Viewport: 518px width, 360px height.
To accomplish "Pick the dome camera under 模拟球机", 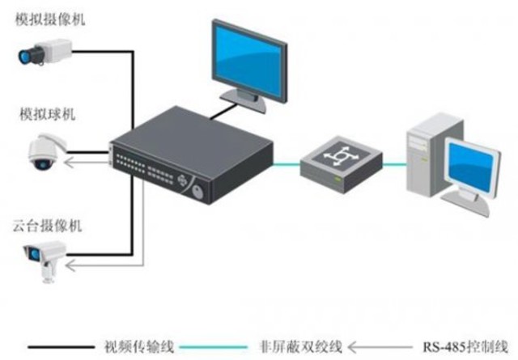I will click(41, 154).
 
